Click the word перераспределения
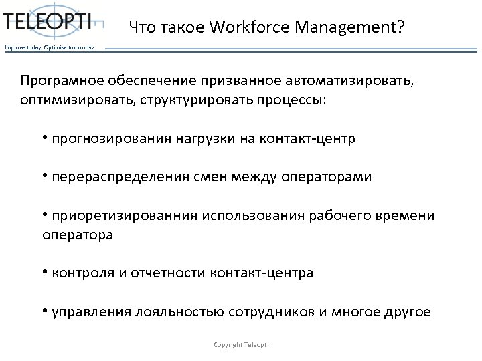[x=119, y=177]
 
